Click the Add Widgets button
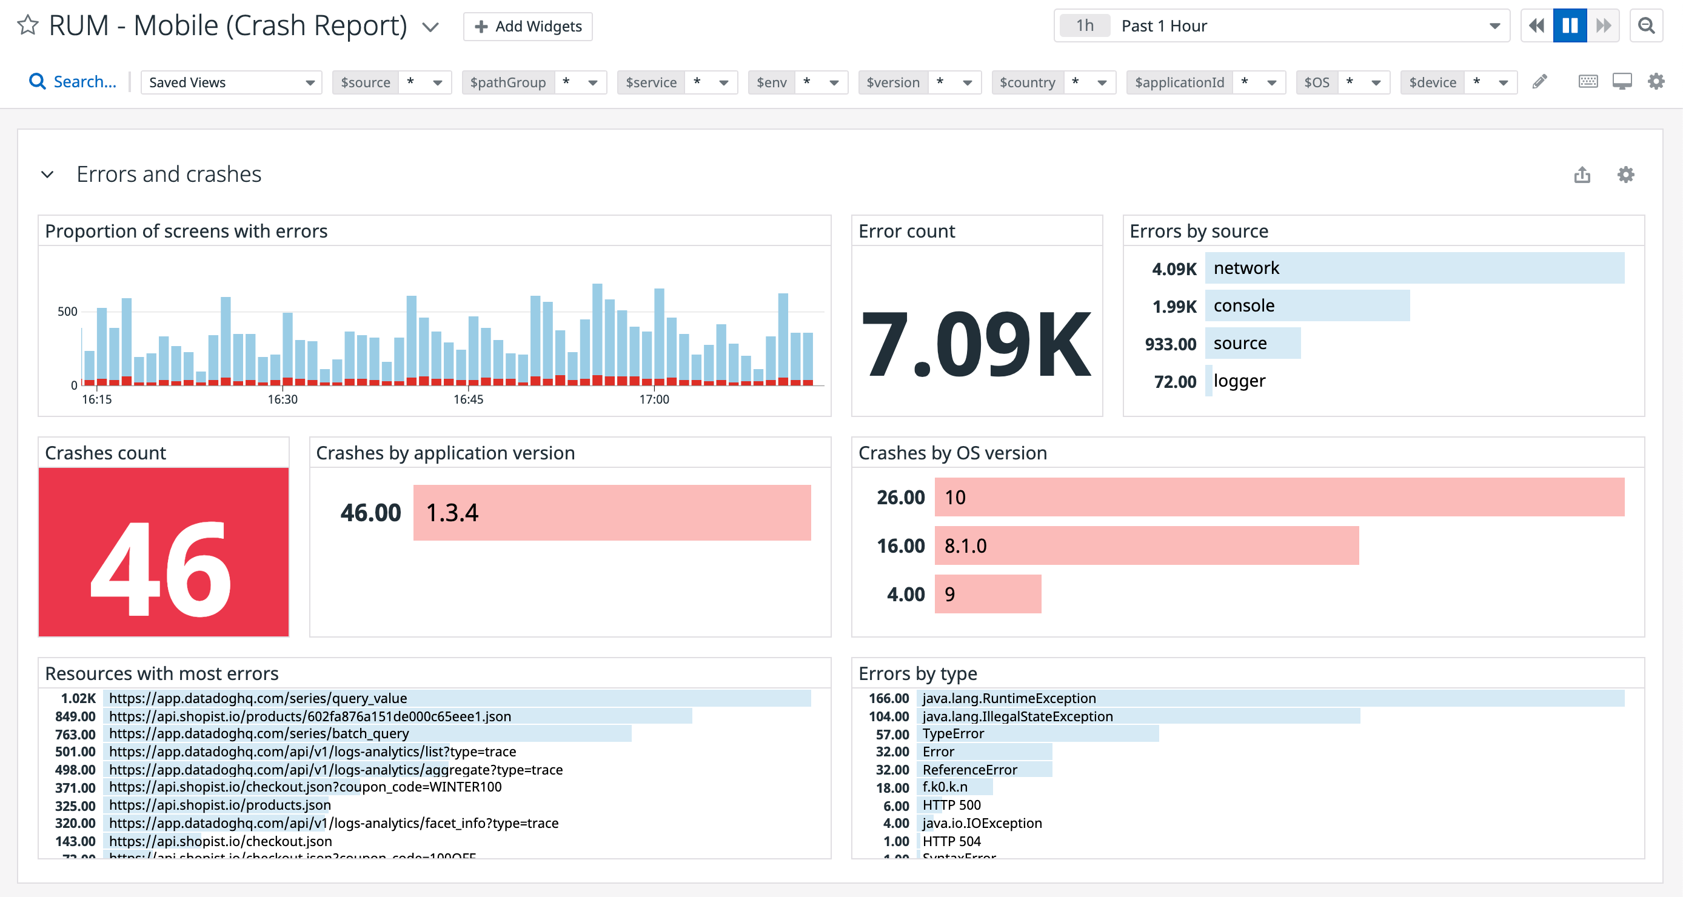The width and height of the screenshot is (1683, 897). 527,26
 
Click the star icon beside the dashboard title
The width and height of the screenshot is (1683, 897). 27,25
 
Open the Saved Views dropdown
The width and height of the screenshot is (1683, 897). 230,82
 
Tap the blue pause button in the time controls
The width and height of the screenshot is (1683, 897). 1569,25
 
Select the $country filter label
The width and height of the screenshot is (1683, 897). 1026,82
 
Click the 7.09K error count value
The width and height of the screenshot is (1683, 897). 976,344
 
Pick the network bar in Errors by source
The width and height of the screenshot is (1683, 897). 1414,268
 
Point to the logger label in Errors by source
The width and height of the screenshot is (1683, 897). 1239,381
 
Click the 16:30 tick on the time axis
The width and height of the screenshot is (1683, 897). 283,399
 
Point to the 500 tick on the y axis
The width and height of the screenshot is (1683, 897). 67,312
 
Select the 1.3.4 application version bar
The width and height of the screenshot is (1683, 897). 612,513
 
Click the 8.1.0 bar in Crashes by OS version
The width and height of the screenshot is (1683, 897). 1146,545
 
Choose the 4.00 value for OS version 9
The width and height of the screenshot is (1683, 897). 906,595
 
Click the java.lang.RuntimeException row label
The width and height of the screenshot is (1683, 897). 1009,698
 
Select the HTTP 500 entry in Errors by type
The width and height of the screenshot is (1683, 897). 951,805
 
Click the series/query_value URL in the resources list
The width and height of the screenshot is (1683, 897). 258,698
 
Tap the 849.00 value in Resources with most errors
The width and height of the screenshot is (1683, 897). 75,716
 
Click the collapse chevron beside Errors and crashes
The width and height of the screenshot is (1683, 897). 47,175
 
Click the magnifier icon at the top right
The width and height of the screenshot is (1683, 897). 1646,25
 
